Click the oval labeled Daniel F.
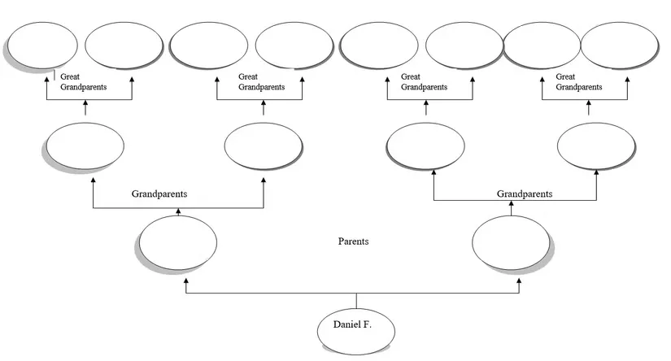coord(356,328)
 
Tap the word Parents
coord(353,241)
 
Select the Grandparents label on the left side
coord(160,194)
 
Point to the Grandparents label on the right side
coord(525,194)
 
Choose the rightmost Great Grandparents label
coord(578,81)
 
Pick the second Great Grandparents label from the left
coord(261,81)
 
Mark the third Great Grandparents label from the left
coord(423,81)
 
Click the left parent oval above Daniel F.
coord(178,242)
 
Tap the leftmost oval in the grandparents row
coord(85,146)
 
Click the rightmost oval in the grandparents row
coord(595,146)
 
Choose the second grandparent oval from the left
coord(263,146)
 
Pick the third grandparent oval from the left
coord(425,146)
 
